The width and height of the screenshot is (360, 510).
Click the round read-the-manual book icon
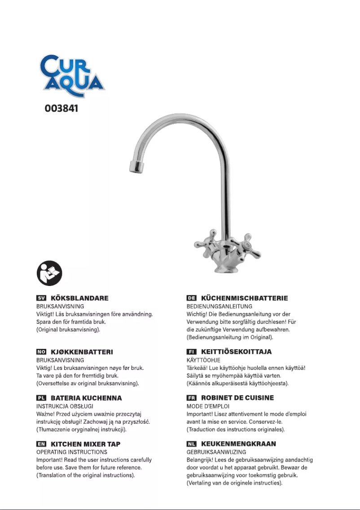pos(49,272)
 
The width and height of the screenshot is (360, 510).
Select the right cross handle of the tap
pos(246,243)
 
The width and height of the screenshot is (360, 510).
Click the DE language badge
pos(191,298)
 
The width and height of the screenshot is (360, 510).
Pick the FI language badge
pos(191,352)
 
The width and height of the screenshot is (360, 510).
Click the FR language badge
pos(191,398)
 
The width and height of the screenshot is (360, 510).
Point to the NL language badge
pos(191,444)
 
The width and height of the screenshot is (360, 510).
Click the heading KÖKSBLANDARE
pos(79,298)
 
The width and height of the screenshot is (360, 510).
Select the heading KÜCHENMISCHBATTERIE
pos(244,298)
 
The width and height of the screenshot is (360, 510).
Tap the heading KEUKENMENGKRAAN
pos(238,444)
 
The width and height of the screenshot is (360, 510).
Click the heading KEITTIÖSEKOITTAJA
pos(236,352)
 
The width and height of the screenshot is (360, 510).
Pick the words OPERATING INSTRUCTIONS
pos(71,452)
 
